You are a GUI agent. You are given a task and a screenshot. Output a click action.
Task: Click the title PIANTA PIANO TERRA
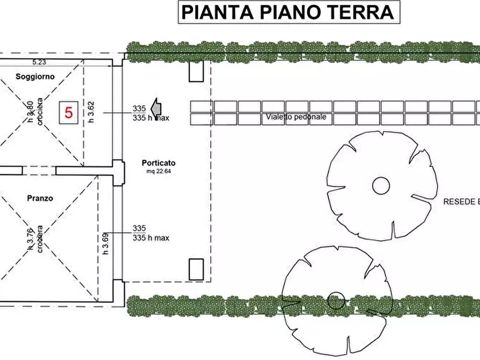(288, 12)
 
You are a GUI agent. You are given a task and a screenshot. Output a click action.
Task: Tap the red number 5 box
(69, 113)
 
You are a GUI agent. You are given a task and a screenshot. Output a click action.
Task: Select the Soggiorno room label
(35, 77)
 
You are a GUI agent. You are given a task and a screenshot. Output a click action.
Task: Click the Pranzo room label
(40, 198)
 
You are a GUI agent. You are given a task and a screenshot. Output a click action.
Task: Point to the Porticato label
(159, 163)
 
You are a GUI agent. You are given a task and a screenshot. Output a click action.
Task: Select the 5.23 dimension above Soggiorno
(39, 62)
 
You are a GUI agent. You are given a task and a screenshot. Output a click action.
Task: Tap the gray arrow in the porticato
(155, 108)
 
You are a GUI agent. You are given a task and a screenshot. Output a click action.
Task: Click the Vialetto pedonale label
(296, 117)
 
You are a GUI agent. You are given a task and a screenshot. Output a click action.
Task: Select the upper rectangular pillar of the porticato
(196, 71)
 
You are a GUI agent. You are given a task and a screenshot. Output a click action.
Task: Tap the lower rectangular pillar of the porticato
(196, 269)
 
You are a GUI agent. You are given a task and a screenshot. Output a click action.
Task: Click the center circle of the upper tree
(381, 185)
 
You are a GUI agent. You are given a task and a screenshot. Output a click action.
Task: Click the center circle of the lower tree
(336, 300)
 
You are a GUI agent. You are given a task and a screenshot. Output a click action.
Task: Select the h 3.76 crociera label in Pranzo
(34, 240)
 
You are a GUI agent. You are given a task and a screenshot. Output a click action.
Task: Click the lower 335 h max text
(151, 237)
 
